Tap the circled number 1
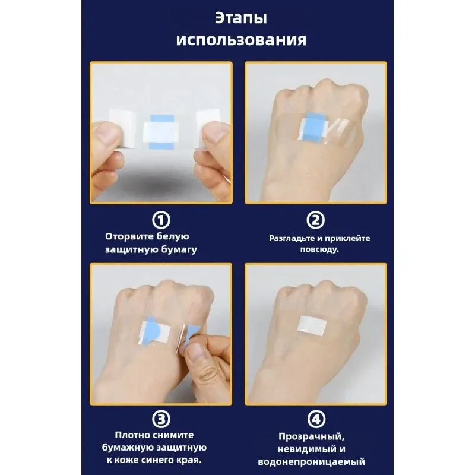pyautogui.click(x=160, y=220)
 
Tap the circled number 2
pyautogui.click(x=315, y=220)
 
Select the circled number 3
pyautogui.click(x=160, y=419)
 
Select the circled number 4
pyautogui.click(x=315, y=419)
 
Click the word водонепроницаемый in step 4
pyautogui.click(x=312, y=461)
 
